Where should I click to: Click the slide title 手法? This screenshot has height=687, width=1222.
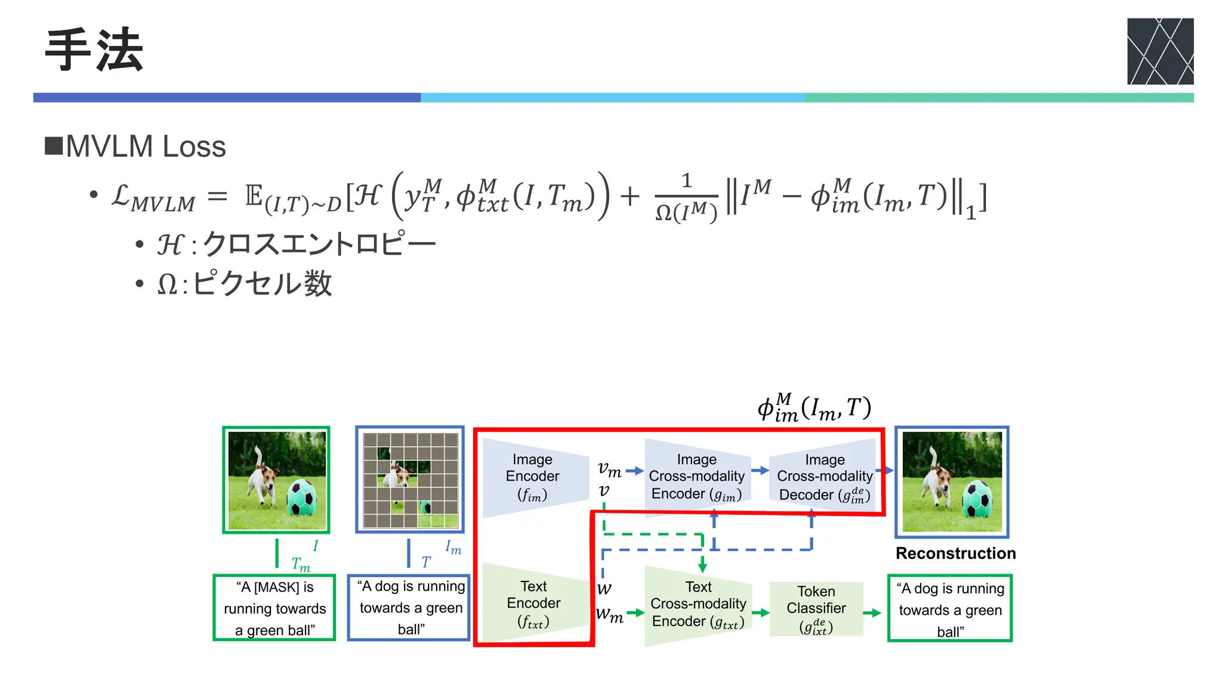coord(94,50)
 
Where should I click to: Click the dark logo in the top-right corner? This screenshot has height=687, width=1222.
coord(1159,51)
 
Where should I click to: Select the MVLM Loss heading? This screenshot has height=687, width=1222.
coord(145,147)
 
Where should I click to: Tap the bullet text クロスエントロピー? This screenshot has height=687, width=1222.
coord(319,244)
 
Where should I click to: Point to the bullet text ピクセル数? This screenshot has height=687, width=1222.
coord(262,283)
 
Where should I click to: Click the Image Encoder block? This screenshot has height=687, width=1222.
coord(533,477)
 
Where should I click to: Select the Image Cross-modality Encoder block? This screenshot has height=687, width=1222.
coord(696,476)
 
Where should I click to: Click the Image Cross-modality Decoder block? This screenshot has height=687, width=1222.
coord(824,477)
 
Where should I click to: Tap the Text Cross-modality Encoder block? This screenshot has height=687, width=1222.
coord(698,604)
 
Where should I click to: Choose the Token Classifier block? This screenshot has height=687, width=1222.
coord(816,608)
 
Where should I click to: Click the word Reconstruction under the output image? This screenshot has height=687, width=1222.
coord(955,553)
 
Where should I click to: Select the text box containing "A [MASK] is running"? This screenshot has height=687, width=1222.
coord(274,608)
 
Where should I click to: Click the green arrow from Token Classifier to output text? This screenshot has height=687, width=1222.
coord(872,612)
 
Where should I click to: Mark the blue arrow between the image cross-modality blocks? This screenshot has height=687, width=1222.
coord(760,471)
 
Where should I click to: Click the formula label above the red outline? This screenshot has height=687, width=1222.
coord(814,408)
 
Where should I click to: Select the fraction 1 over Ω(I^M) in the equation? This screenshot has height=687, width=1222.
coord(686,197)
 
